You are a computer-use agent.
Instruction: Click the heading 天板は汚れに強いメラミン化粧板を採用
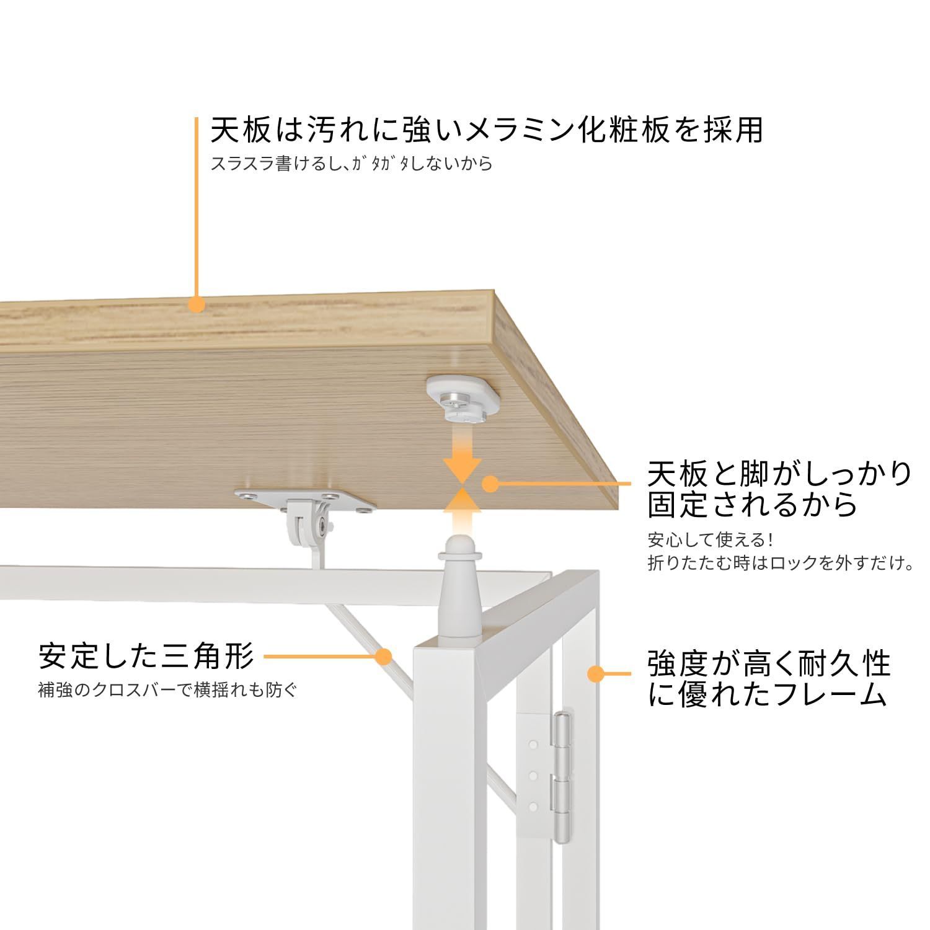coord(486,130)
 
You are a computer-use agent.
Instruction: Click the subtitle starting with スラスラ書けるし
coord(352,164)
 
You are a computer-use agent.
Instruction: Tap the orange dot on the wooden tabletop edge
coord(197,304)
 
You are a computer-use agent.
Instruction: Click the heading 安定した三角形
coord(146,656)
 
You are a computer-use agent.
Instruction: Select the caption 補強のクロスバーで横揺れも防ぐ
coord(167,690)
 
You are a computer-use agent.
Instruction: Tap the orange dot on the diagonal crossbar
coord(384,656)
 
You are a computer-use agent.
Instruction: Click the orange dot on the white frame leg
coord(595,673)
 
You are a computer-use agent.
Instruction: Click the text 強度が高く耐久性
coord(769,663)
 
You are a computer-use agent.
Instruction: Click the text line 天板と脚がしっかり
coord(779,474)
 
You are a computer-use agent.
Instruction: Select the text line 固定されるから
coord(753,505)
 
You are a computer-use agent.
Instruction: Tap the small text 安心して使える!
coord(711,539)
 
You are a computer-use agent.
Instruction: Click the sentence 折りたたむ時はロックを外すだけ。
coord(781,564)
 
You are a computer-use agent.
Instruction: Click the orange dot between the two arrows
coord(490,484)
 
